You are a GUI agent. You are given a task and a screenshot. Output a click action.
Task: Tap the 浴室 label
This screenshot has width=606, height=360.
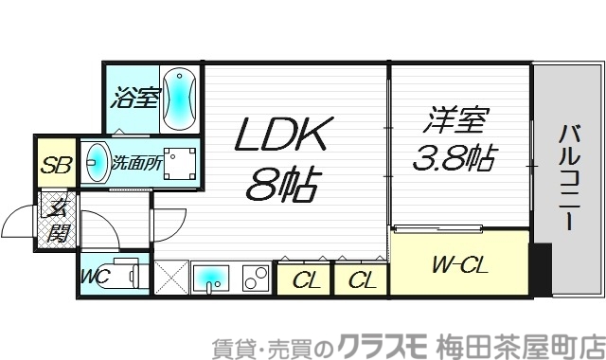coord(135,98)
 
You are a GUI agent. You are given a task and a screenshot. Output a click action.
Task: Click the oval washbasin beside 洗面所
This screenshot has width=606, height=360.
coord(95,163)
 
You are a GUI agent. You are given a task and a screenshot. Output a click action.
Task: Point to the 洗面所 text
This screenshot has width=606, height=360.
coord(136,163)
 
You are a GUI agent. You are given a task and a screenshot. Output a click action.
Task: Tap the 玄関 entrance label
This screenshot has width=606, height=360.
coord(58,220)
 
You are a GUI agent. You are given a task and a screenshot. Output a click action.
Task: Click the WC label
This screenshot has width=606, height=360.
coord(94,277)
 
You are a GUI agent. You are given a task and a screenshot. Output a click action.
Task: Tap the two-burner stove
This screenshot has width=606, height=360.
coord(255,279)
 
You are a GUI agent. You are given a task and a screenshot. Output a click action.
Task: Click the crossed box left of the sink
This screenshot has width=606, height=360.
coord(171,279)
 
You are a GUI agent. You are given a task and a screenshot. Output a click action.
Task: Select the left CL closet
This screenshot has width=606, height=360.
coord(304,280)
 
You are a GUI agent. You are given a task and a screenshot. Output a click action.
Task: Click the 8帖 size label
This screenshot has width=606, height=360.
coord(282,182)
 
